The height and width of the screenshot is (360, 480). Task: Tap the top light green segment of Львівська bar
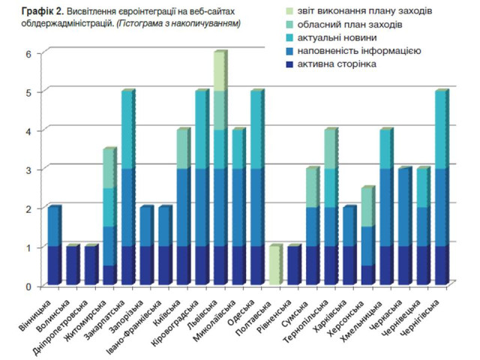tap(217, 72)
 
